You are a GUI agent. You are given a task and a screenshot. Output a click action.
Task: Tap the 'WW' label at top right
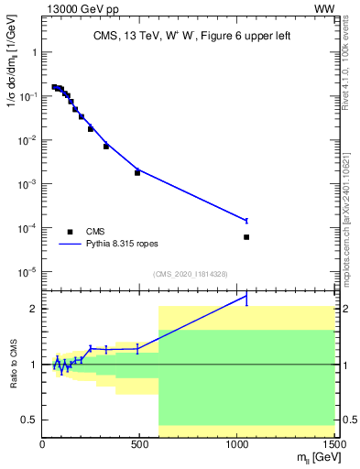(324, 9)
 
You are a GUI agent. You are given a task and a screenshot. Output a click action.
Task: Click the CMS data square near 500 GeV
(137, 172)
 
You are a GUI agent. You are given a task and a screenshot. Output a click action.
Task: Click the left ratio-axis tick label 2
(33, 309)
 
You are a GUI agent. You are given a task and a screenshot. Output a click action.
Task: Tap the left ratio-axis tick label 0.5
(28, 420)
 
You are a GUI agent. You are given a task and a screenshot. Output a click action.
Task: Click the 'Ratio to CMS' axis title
(12, 364)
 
